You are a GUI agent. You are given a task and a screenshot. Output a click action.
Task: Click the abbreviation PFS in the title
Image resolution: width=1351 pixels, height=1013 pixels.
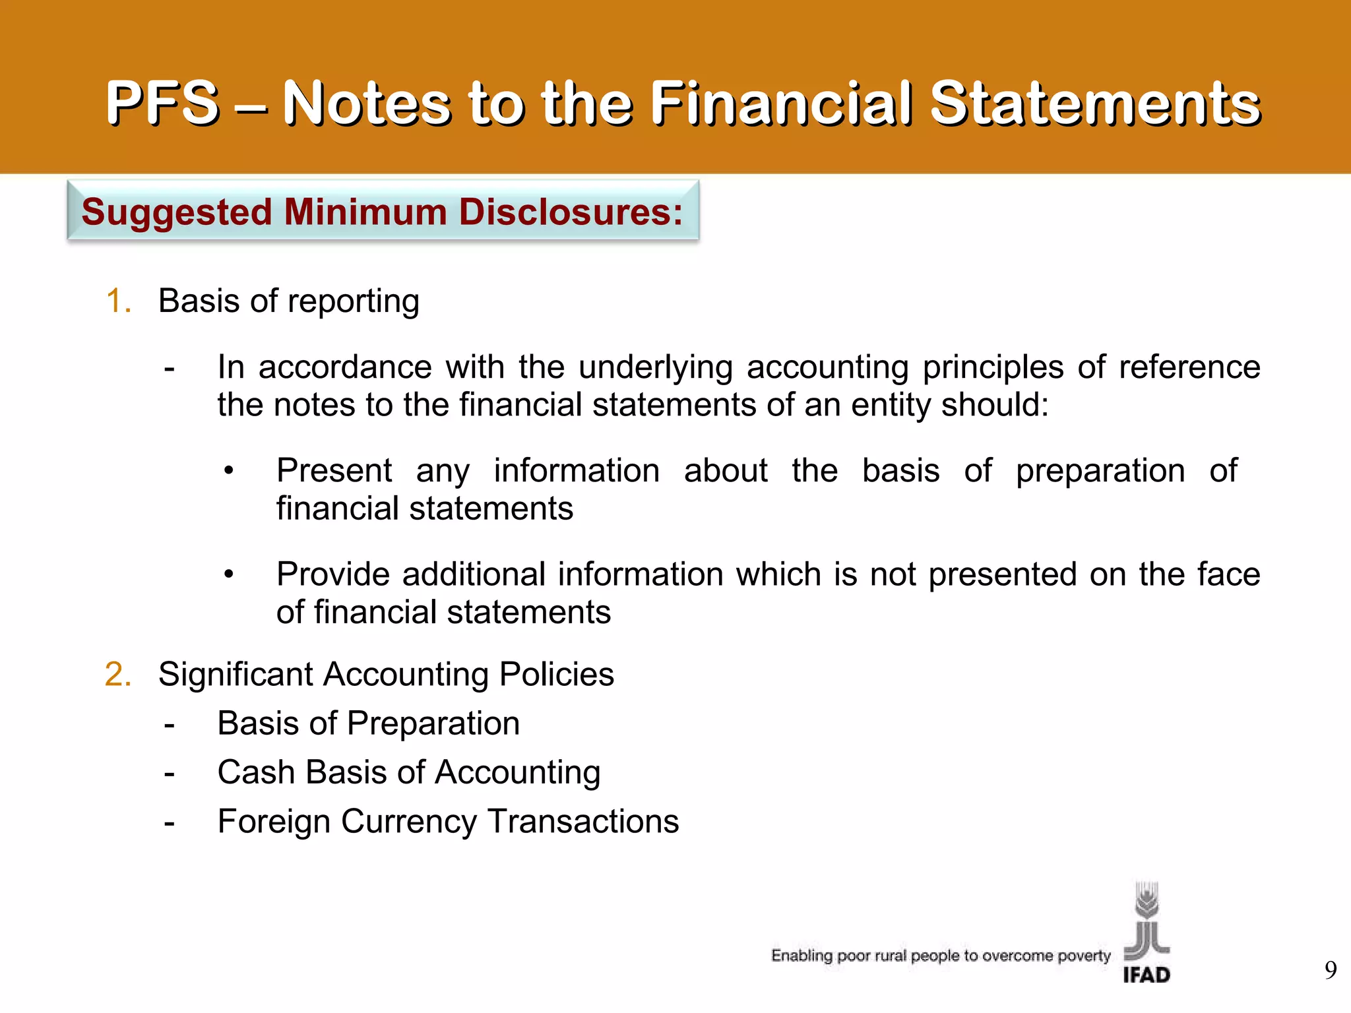click(x=162, y=103)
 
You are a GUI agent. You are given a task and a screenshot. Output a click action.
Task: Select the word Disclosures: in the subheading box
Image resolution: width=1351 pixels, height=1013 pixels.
click(x=571, y=212)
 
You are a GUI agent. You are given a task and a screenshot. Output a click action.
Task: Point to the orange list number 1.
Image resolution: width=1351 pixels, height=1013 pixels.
click(x=118, y=301)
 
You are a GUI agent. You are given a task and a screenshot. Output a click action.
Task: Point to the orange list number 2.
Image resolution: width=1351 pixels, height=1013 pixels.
click(x=118, y=674)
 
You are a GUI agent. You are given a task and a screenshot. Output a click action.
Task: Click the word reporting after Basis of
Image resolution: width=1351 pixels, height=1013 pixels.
click(x=354, y=302)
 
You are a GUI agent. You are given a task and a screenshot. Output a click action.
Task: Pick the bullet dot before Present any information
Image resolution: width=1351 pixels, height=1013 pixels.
click(x=228, y=471)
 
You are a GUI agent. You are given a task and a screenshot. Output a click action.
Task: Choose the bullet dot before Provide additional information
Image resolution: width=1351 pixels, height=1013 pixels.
click(x=228, y=574)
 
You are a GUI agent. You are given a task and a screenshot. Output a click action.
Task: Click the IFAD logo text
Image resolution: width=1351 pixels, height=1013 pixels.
click(x=1147, y=974)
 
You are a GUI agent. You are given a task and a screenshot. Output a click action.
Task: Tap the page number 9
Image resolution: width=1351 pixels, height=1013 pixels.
click(x=1331, y=970)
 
